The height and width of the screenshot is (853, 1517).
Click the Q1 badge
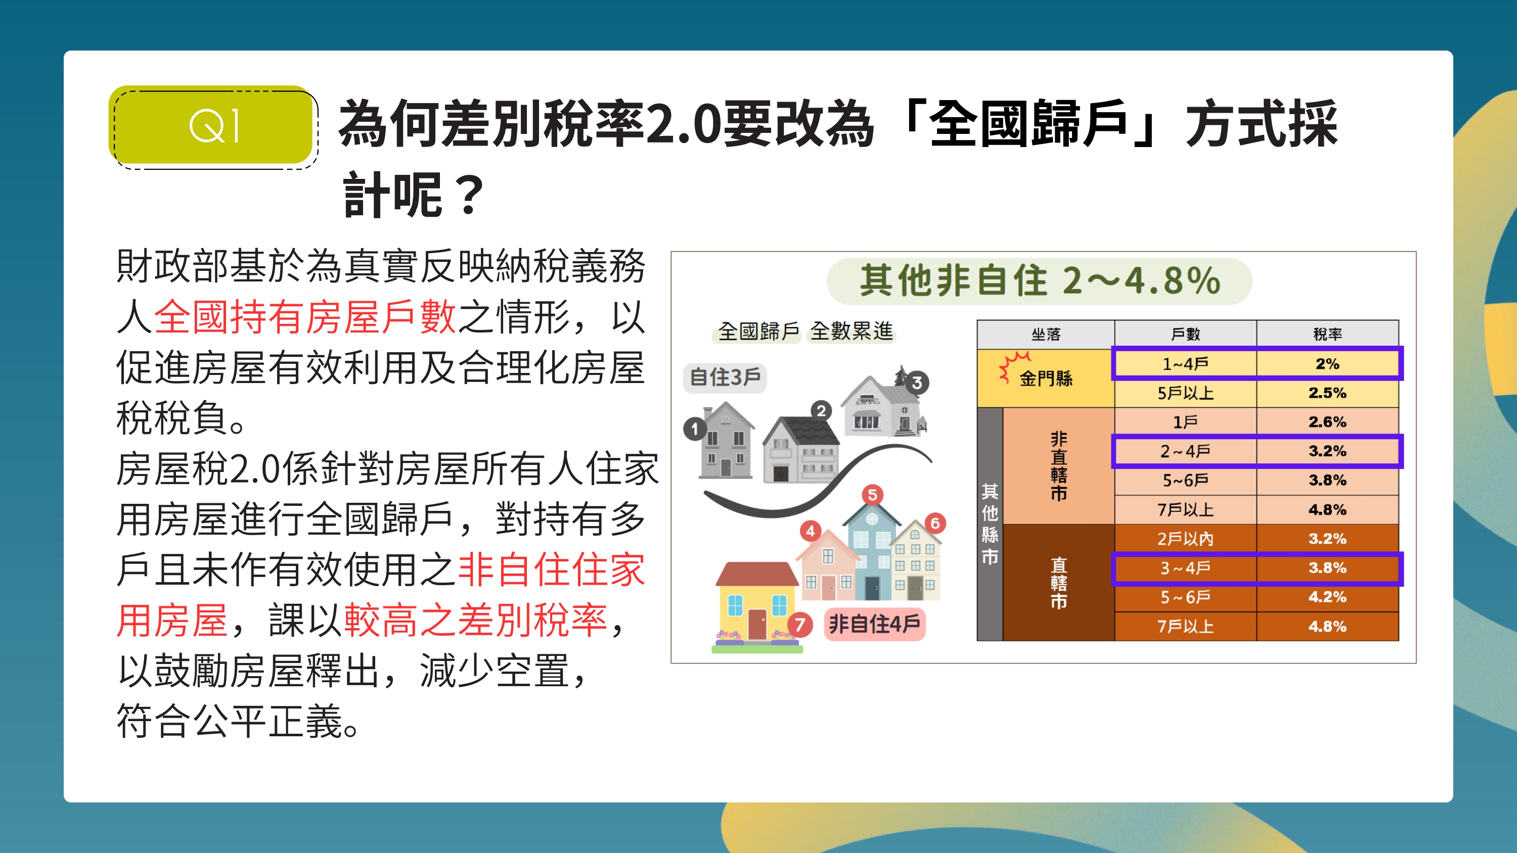point(211,125)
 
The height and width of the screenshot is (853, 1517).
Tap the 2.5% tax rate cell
point(1327,393)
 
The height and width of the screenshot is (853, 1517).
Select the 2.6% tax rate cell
point(1327,421)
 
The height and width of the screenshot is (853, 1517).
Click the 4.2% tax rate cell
point(1327,597)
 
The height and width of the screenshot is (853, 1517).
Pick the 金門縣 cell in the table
point(1045,378)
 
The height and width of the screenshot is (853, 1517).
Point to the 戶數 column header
point(1185,335)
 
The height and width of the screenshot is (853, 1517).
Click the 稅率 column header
point(1327,335)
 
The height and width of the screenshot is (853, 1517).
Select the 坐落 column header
point(1045,335)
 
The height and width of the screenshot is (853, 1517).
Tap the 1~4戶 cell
point(1185,364)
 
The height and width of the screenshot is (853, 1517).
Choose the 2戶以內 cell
point(1185,539)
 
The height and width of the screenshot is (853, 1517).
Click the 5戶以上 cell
point(1185,393)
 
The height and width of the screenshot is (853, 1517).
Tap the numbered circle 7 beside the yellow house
point(800,625)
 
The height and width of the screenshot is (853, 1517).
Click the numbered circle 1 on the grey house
point(695,429)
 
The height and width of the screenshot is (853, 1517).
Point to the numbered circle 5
point(873,495)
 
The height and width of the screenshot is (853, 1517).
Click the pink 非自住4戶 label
point(874,624)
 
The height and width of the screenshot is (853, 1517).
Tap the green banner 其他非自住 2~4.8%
point(1040,281)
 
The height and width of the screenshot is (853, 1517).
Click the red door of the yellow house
point(757,624)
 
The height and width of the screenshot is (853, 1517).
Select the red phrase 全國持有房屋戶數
point(305,317)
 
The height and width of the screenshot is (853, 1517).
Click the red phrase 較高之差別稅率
point(476,620)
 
